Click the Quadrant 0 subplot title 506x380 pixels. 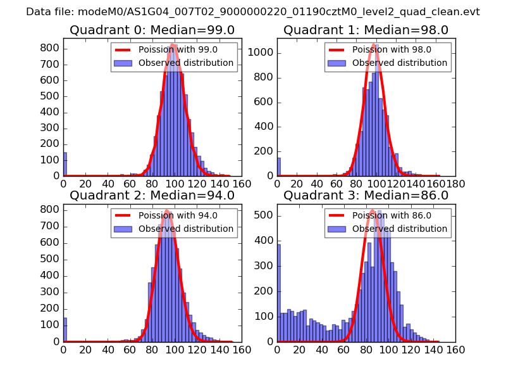point(152,30)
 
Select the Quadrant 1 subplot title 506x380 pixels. point(366,30)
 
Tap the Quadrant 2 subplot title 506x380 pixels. point(152,195)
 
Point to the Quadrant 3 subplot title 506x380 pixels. point(366,195)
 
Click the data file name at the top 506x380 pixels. point(253,11)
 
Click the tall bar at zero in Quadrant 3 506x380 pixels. point(279,293)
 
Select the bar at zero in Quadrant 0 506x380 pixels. point(65,164)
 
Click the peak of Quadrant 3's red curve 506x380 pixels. point(372,210)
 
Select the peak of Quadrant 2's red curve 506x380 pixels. point(166,211)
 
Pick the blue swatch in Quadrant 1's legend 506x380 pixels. point(336,63)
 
